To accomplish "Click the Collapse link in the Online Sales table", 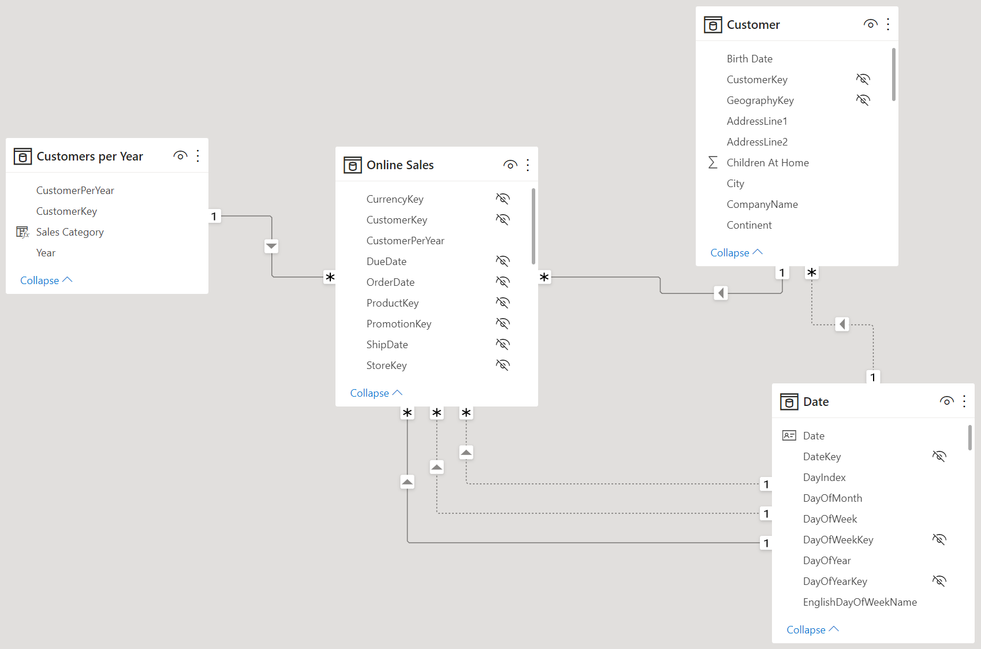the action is (376, 393).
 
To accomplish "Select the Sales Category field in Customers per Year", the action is (70, 232).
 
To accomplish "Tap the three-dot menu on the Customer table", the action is (887, 24).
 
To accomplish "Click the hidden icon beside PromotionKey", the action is (503, 323).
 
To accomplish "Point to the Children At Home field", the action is (767, 163).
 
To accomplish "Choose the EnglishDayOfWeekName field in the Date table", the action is (860, 602).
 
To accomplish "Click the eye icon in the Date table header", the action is (946, 401).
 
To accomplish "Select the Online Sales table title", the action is (400, 165).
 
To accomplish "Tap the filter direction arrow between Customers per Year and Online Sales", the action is (271, 246).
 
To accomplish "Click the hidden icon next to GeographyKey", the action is (863, 100).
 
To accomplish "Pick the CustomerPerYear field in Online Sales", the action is (405, 241).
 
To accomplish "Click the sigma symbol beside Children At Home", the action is (713, 162).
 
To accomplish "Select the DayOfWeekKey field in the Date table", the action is (838, 540).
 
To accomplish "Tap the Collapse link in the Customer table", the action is (736, 253).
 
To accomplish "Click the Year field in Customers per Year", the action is (46, 253).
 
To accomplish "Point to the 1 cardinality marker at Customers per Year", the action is (214, 217).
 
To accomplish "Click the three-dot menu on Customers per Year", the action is (198, 156).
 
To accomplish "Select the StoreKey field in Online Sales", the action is (386, 365).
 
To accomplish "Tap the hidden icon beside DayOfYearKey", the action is (939, 581).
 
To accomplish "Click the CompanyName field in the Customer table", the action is (762, 204).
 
